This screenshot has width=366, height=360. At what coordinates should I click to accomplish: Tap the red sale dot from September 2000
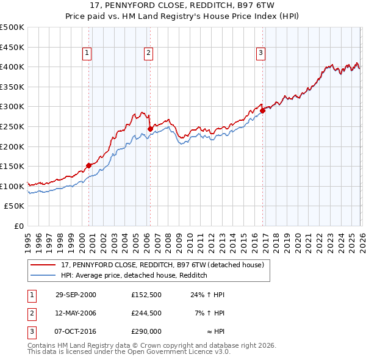[89, 165]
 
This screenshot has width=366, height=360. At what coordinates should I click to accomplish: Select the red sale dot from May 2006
[150, 128]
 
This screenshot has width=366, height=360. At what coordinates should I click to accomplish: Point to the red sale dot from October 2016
[263, 110]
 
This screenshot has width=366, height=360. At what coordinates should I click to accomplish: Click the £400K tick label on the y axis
[12, 67]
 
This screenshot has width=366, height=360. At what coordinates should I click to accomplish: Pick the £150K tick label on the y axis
[12, 166]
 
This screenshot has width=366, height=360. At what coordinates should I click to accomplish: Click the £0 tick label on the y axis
[18, 226]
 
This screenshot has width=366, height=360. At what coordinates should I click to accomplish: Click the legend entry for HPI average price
[134, 276]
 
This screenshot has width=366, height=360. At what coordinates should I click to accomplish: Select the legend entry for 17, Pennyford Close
[162, 265]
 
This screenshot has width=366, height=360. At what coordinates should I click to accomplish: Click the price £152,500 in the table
[146, 295]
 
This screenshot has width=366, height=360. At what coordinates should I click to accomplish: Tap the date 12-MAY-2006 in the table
[76, 313]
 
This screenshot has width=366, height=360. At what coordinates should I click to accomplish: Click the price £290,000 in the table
[146, 331]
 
